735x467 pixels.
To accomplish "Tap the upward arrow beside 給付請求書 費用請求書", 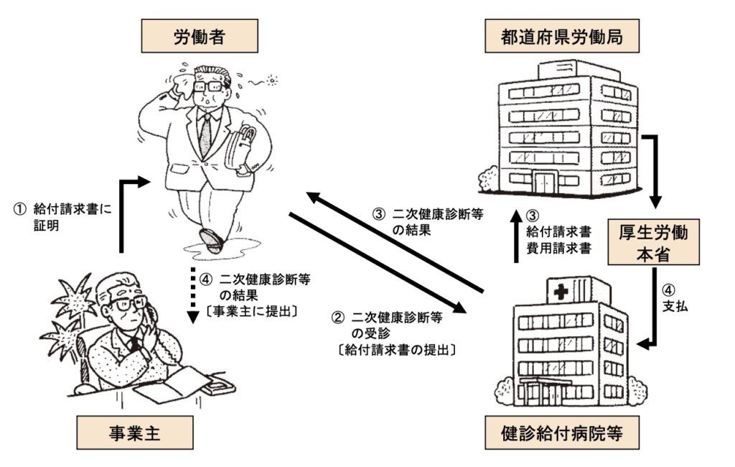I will click(x=516, y=236).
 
